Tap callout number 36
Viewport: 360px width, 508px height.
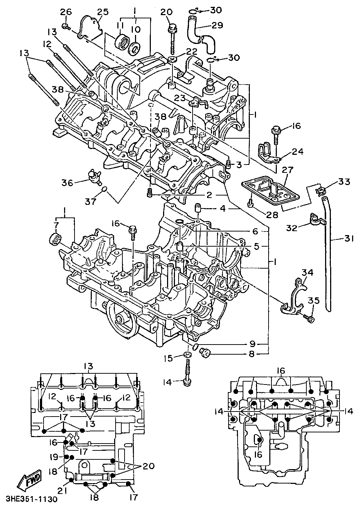click(67, 183)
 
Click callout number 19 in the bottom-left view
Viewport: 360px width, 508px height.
click(54, 457)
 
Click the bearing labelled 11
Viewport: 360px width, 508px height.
click(122, 42)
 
